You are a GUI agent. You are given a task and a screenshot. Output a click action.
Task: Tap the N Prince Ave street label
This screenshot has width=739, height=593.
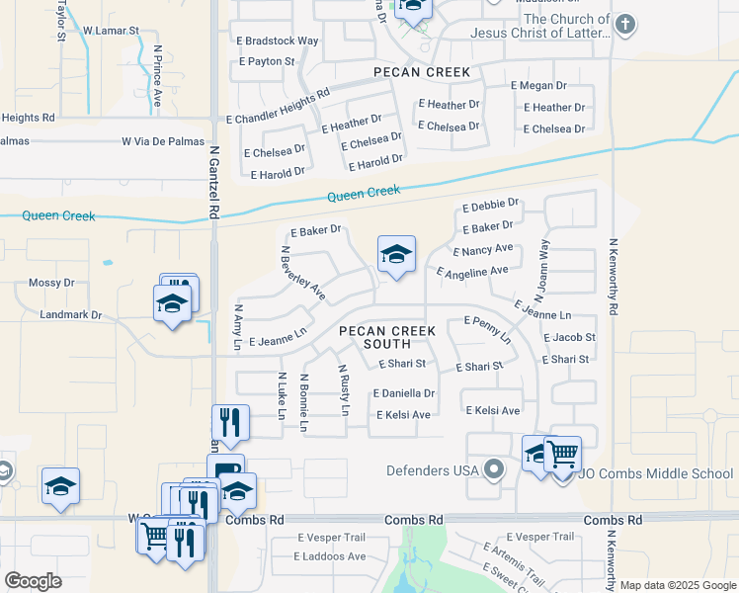157,75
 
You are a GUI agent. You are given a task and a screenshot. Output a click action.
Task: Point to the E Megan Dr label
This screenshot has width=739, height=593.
538,85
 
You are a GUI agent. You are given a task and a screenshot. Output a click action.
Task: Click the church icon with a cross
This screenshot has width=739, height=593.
623,23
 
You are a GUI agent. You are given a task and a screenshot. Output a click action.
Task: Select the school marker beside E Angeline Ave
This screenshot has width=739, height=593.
395,256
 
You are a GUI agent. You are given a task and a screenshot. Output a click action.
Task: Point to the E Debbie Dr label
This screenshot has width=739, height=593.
490,209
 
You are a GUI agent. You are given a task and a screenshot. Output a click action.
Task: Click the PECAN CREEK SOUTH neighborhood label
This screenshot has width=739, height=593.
374,337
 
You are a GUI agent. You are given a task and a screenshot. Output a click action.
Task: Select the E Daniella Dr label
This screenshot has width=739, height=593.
404,393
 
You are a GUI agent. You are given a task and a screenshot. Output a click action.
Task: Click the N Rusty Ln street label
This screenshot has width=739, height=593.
344,389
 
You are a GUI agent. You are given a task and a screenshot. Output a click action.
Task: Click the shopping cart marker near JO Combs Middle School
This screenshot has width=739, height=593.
562,454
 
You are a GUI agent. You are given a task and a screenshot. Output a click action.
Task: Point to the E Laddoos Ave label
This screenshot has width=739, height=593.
330,556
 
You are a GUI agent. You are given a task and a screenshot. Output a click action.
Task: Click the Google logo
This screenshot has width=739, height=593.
33,580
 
